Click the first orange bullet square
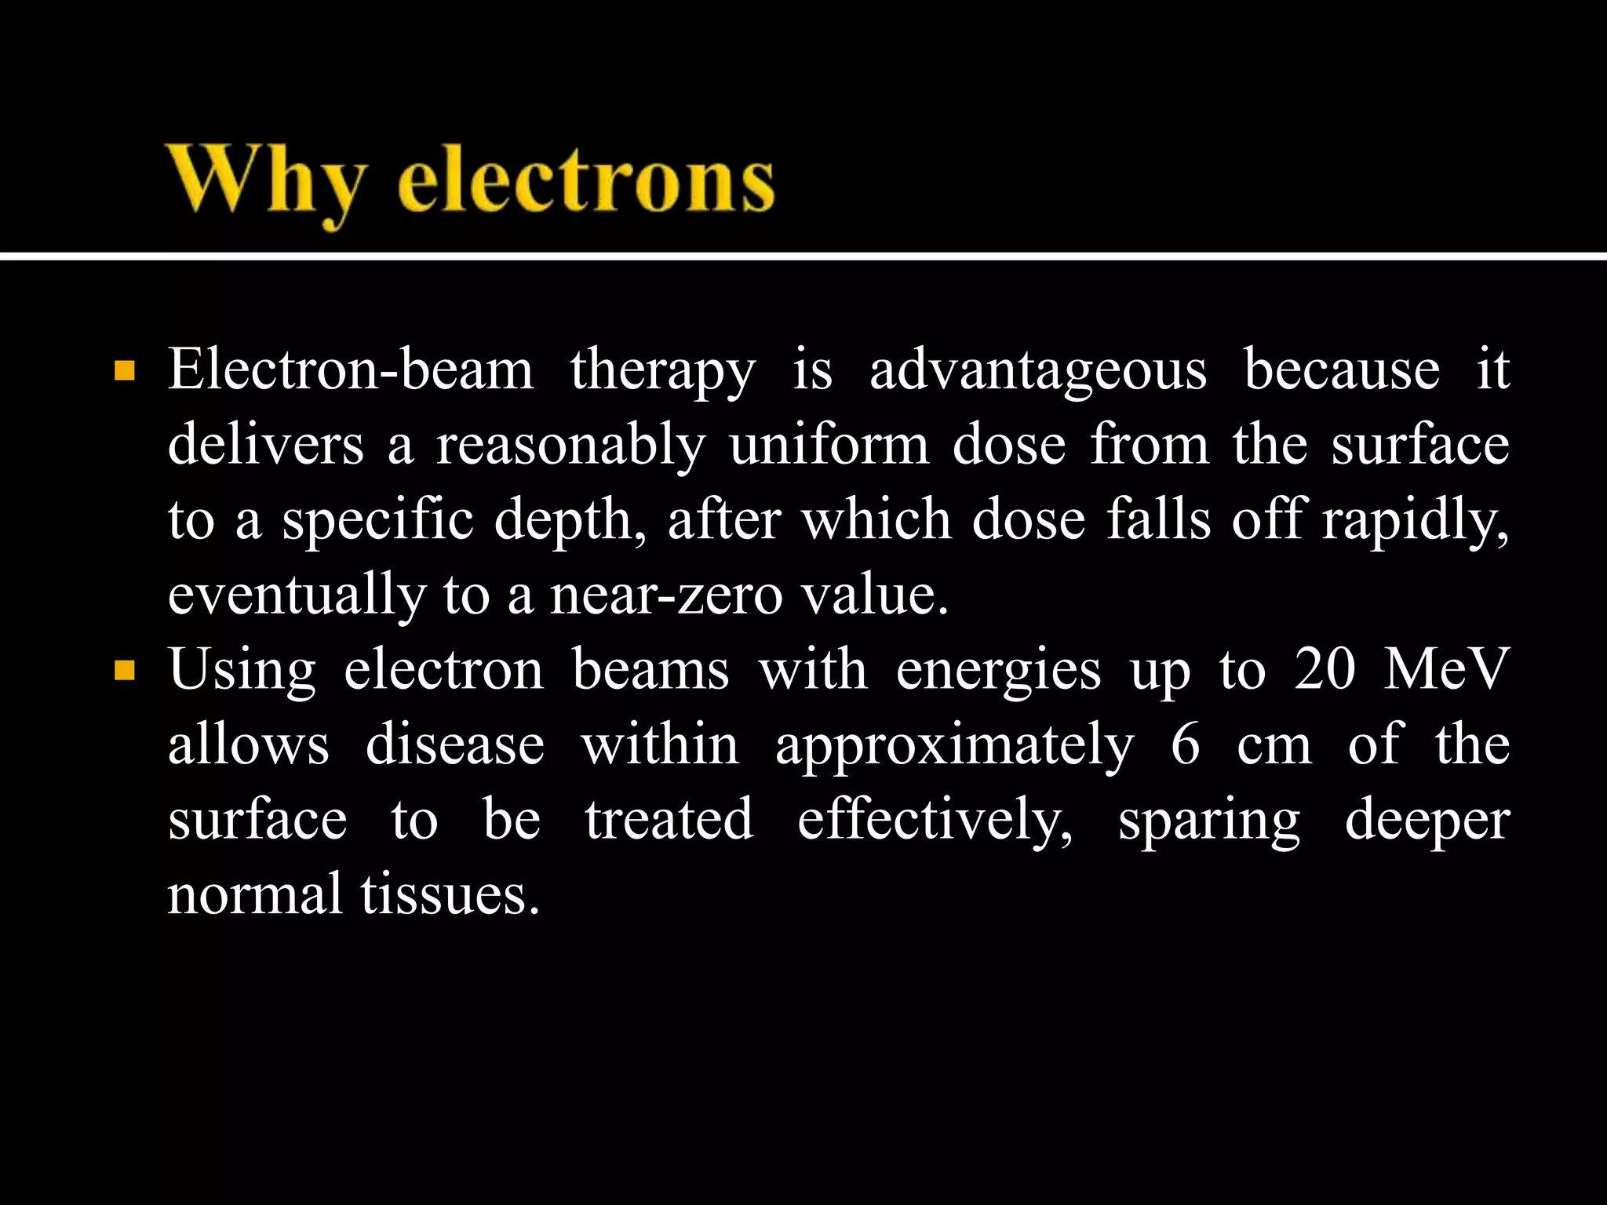(124, 370)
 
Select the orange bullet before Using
(124, 671)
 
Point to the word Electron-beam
(351, 370)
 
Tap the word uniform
(829, 445)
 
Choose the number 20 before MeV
(1325, 670)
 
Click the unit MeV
(1446, 670)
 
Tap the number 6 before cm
(1185, 744)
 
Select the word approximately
(954, 746)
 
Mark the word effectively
(935, 821)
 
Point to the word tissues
(450, 894)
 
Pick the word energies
(998, 672)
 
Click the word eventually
(296, 595)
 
